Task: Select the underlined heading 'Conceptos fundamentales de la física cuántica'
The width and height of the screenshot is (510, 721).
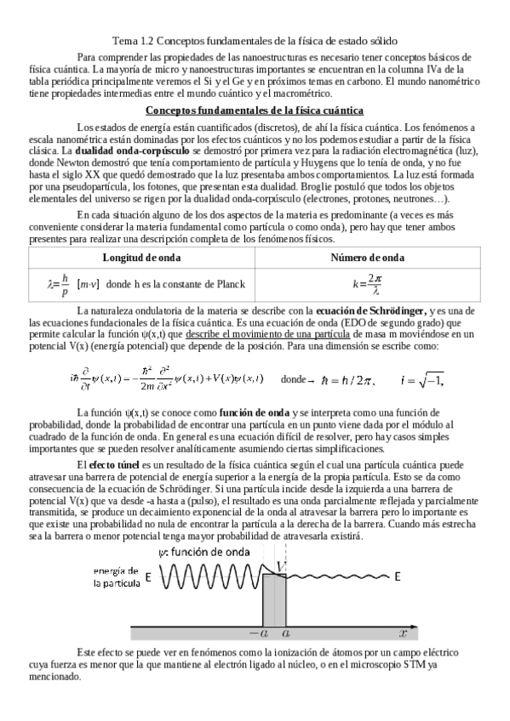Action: point(255,111)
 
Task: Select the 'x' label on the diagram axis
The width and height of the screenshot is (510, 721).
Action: point(402,633)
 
